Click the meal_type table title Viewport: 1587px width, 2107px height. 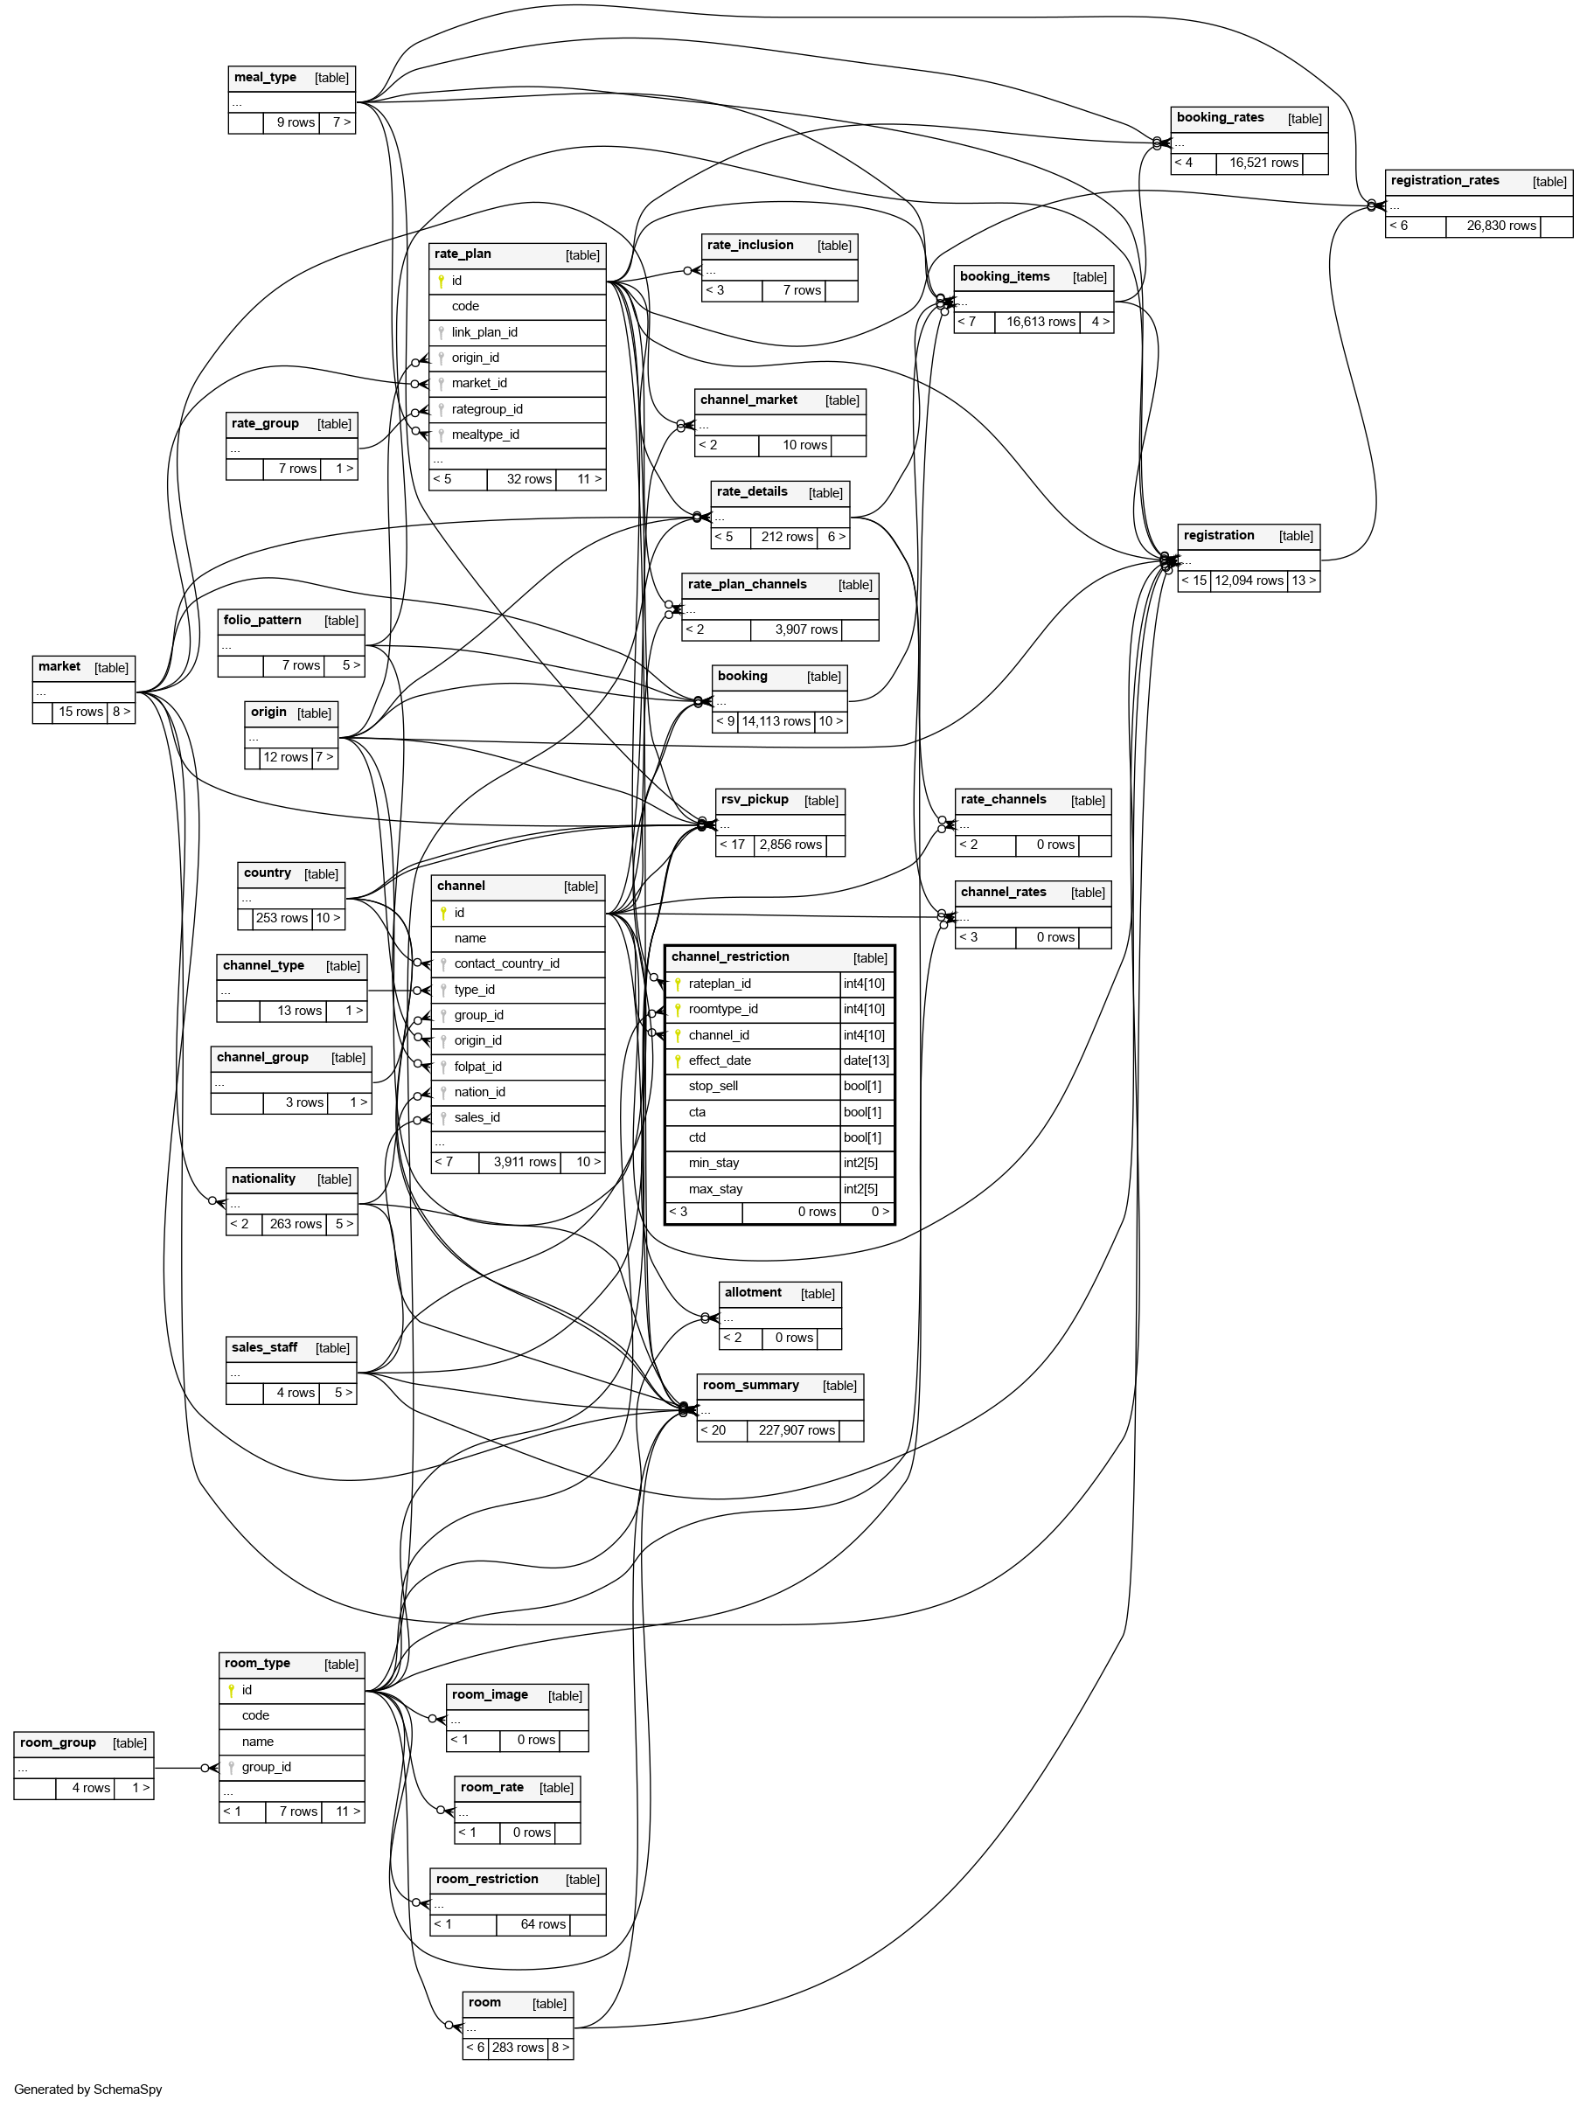click(x=265, y=78)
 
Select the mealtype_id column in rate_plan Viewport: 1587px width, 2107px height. click(x=485, y=435)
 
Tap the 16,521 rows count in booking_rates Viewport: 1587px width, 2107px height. click(x=1263, y=163)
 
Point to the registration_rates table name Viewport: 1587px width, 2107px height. click(x=1444, y=181)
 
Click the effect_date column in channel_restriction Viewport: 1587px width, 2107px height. click(x=720, y=1061)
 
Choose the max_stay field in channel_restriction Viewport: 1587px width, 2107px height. click(x=714, y=1190)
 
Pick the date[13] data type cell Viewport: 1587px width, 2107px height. click(x=865, y=1061)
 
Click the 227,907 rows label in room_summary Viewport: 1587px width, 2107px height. click(x=797, y=1430)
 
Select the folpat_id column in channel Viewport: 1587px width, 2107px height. click(x=477, y=1067)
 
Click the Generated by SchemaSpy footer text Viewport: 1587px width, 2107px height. click(x=87, y=2090)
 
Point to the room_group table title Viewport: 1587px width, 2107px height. click(x=58, y=1743)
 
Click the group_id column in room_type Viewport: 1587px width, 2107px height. click(x=266, y=1767)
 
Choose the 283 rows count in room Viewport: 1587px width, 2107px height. click(x=518, y=2048)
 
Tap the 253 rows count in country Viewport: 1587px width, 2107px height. click(x=281, y=918)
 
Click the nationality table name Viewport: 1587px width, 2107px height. click(x=263, y=1179)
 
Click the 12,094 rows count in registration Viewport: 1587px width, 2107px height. click(x=1248, y=581)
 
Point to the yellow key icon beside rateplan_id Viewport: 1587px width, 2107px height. click(x=678, y=984)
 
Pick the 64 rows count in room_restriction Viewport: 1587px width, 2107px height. click(x=543, y=1925)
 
